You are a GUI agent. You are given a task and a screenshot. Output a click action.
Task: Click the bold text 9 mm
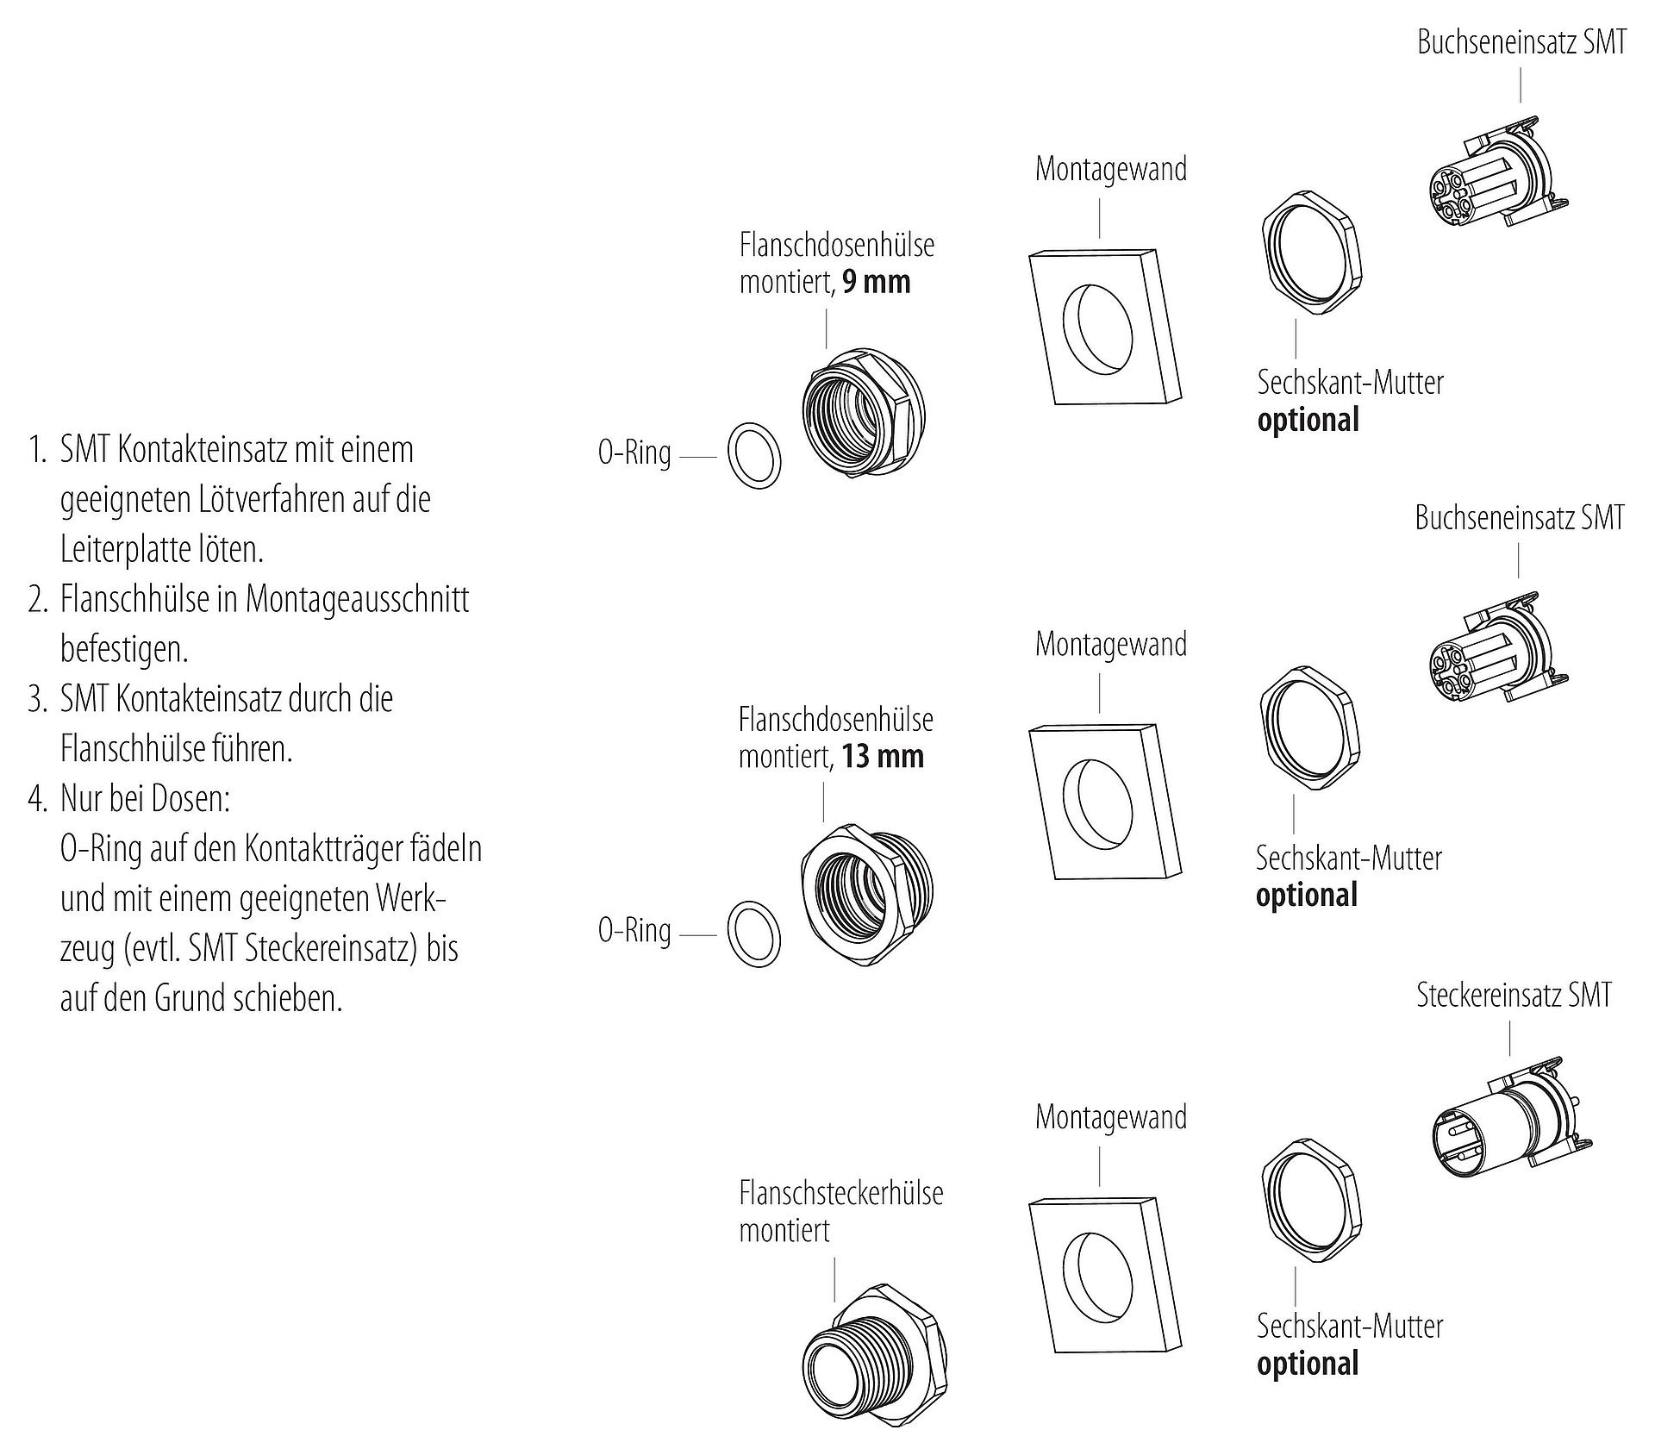click(x=876, y=283)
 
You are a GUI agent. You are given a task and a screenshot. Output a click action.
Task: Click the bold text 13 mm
click(x=883, y=757)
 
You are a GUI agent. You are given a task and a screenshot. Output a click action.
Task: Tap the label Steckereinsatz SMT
click(x=1514, y=996)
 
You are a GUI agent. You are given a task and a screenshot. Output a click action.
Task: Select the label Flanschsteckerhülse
click(x=840, y=1193)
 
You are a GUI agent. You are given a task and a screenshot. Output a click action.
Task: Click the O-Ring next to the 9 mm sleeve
click(x=754, y=455)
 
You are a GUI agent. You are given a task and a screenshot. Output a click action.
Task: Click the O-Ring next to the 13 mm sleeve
click(x=754, y=934)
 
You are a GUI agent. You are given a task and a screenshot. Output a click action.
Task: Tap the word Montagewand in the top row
click(x=1110, y=170)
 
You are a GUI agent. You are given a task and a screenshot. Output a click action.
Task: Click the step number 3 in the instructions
click(x=36, y=699)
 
